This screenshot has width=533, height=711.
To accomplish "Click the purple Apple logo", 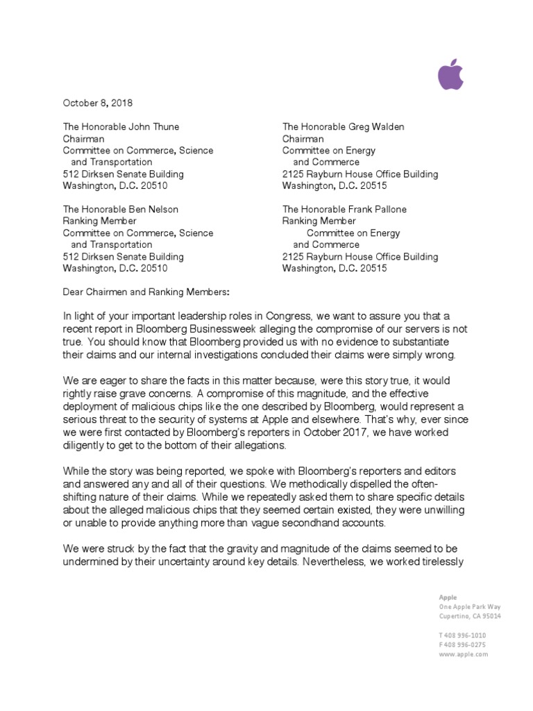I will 450,74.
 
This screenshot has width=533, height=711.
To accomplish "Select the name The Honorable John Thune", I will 121,126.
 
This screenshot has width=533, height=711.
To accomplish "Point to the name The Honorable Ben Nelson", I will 120,209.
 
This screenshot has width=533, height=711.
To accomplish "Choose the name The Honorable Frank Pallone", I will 344,209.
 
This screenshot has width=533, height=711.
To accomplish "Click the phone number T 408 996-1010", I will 462,635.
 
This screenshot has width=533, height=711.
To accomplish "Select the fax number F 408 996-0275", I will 462,644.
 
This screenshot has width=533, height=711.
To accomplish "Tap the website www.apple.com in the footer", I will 463,654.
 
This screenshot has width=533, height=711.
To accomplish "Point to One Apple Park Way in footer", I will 469,606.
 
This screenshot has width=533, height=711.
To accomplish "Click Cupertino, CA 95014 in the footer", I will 470,616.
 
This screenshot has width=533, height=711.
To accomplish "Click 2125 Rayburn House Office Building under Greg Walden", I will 359,174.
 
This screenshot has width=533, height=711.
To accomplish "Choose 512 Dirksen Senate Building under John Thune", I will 124,174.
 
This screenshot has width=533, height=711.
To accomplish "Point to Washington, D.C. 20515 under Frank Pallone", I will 335,268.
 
